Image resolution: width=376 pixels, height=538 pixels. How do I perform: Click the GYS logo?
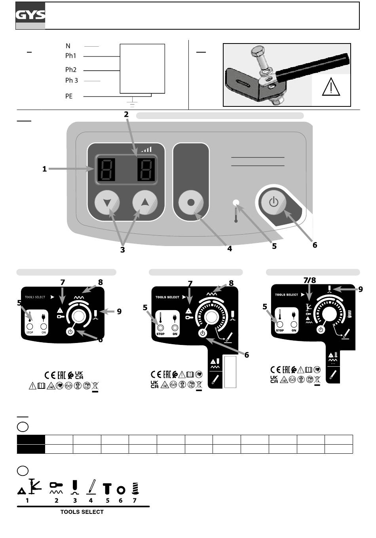click(30, 15)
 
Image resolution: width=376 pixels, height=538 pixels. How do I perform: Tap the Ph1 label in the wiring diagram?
click(71, 56)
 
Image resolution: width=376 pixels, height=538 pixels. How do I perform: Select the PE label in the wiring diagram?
click(69, 96)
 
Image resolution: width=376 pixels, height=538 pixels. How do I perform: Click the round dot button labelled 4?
click(191, 203)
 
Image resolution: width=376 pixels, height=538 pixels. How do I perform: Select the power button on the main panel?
click(273, 203)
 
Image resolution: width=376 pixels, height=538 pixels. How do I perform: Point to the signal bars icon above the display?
click(146, 150)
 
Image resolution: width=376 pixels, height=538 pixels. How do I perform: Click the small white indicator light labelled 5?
click(236, 203)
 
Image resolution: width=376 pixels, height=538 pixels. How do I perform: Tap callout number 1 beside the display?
click(45, 169)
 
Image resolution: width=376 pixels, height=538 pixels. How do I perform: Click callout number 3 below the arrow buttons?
click(123, 250)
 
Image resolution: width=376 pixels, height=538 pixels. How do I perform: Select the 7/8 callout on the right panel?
click(310, 280)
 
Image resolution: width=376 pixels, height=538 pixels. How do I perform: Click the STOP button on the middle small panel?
click(161, 328)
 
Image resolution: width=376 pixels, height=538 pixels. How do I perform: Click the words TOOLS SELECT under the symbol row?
click(82, 512)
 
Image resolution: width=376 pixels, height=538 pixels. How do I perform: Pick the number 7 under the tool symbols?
click(135, 500)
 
